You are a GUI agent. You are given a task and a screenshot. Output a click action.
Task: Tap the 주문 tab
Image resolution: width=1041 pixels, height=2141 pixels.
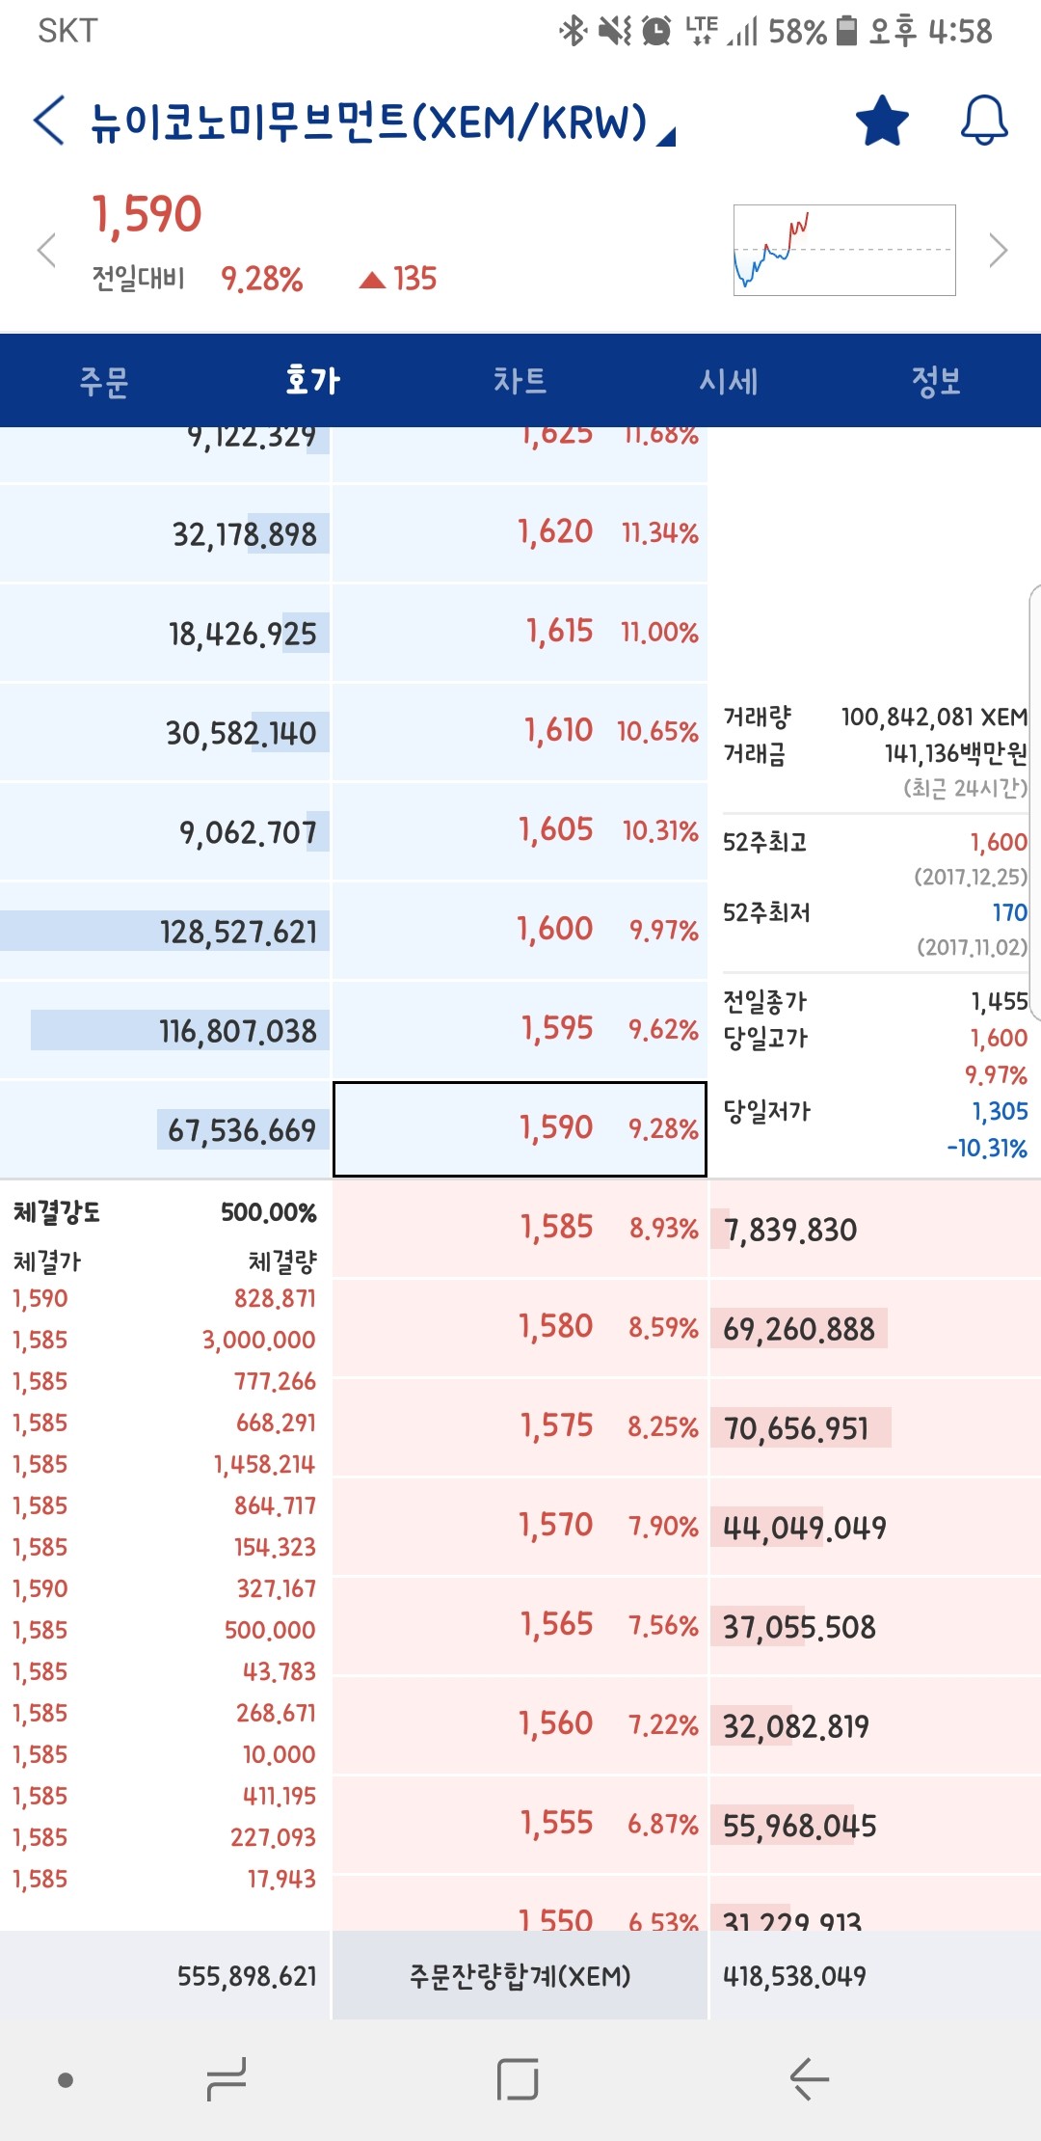[104, 381]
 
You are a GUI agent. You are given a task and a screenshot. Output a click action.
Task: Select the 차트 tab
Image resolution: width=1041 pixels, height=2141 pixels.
[520, 381]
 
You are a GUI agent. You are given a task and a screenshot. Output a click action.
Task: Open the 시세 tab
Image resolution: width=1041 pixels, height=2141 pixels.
[729, 381]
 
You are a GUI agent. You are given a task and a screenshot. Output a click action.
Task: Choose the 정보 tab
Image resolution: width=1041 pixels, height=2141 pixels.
[936, 381]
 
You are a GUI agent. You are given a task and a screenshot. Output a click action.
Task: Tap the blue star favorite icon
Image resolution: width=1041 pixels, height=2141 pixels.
[882, 122]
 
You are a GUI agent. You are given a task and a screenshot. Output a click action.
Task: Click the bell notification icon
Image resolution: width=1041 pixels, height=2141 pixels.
[984, 122]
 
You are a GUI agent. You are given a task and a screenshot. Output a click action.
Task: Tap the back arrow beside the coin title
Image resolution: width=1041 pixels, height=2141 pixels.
[49, 122]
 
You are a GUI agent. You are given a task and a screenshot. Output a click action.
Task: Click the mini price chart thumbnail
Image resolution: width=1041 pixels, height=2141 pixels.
[844, 250]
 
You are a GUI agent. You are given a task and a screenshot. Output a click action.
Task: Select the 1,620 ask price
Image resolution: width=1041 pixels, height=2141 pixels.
[555, 532]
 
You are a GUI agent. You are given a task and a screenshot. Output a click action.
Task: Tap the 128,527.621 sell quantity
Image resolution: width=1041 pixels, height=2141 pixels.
[238, 932]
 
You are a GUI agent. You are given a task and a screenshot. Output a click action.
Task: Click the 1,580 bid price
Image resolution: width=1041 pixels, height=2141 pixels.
[555, 1327]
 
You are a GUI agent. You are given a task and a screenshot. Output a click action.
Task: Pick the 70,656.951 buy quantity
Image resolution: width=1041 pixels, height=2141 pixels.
[796, 1428]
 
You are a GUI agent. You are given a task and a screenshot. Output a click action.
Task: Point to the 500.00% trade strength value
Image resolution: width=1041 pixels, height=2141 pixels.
[269, 1212]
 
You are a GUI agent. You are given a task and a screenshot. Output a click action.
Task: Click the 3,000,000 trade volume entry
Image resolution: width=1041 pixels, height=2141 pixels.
[258, 1340]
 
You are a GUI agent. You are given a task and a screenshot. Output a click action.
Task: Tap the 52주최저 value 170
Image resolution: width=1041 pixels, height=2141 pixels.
[1009, 912]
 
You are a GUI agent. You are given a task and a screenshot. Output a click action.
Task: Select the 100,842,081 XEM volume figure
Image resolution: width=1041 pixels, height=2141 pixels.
[933, 717]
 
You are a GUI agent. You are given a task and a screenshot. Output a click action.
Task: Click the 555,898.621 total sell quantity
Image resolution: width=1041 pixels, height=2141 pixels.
[247, 1977]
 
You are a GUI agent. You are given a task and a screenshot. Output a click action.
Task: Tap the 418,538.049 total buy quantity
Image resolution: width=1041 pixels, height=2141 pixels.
[794, 1977]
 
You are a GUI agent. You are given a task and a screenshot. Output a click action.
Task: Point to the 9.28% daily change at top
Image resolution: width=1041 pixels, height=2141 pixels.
[262, 280]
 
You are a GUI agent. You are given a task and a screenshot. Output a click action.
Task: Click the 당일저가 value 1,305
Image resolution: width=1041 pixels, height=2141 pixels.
[1000, 1111]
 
